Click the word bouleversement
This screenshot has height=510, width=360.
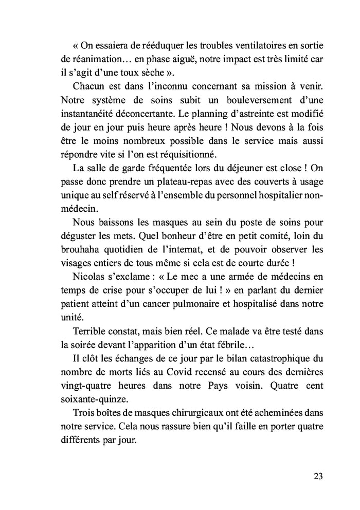[253, 98]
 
